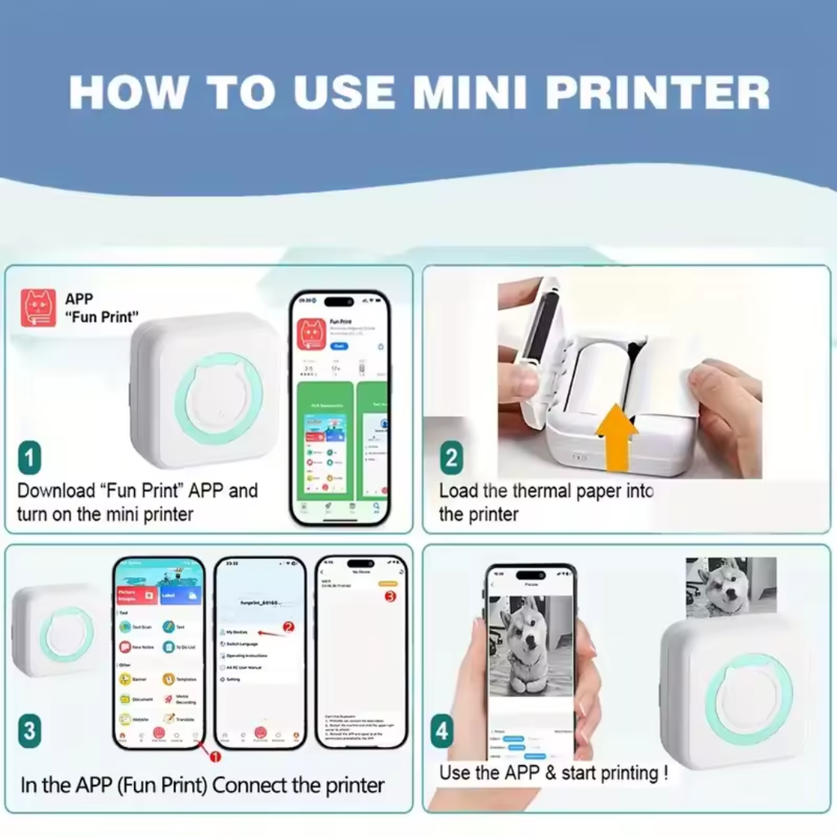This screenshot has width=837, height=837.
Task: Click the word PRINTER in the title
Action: click(x=657, y=92)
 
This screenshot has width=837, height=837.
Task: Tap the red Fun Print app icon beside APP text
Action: click(x=39, y=308)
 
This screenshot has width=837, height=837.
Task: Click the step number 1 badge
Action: click(x=29, y=458)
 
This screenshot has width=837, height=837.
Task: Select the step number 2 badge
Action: click(x=451, y=458)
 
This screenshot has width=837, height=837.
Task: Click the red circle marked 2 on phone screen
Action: click(x=288, y=628)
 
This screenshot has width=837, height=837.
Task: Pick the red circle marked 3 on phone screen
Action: click(x=390, y=596)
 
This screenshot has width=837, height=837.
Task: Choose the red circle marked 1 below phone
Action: click(x=217, y=757)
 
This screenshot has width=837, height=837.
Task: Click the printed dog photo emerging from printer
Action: click(x=729, y=586)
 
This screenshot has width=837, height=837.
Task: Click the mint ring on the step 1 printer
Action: click(x=218, y=398)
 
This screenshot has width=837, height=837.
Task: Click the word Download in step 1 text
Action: click(x=56, y=490)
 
